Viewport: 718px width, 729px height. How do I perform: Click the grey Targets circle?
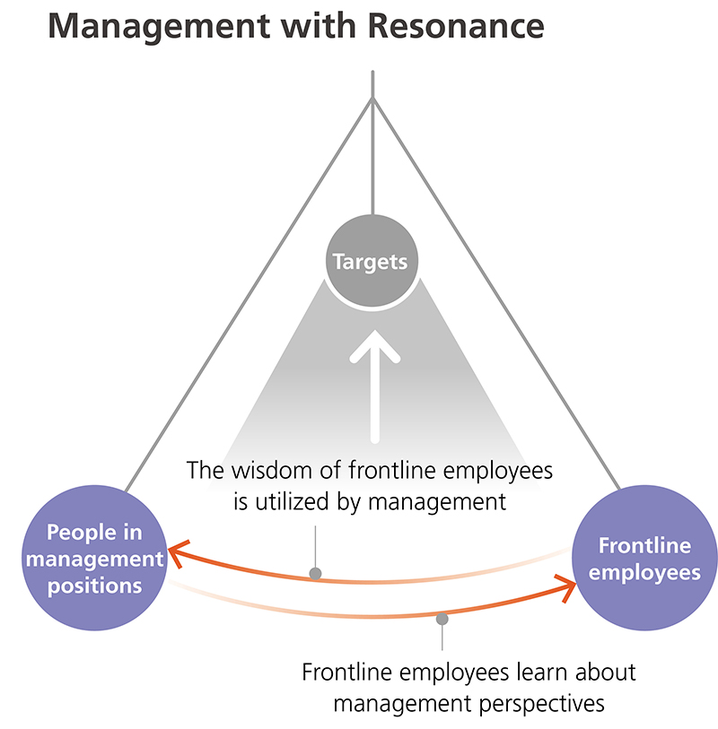pyautogui.click(x=371, y=262)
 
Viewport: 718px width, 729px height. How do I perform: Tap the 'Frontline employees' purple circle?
pyautogui.click(x=644, y=559)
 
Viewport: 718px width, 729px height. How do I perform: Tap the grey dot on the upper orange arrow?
pyautogui.click(x=315, y=574)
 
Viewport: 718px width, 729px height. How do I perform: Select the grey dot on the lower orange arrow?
pyautogui.click(x=442, y=618)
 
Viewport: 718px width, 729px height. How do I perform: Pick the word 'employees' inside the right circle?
pyautogui.click(x=644, y=572)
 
